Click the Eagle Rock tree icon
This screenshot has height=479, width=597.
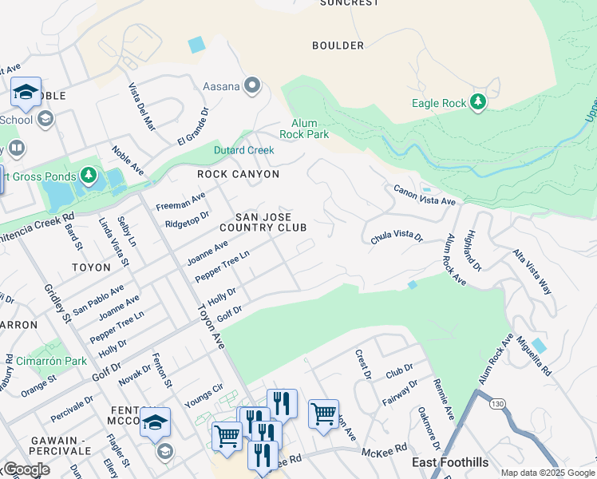(x=478, y=102)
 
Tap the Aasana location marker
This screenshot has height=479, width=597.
(x=254, y=85)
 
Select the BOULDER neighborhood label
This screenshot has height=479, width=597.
(x=338, y=46)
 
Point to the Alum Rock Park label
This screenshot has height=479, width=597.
(x=303, y=129)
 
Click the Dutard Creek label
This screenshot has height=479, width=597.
(x=243, y=150)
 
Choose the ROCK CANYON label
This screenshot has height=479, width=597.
(x=239, y=174)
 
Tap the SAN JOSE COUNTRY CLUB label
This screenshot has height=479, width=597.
(x=263, y=222)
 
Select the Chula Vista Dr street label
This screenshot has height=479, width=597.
(x=396, y=238)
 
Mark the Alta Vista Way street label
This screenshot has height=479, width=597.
(x=533, y=271)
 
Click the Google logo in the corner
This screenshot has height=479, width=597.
(x=26, y=469)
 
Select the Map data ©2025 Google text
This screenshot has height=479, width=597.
(x=547, y=473)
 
